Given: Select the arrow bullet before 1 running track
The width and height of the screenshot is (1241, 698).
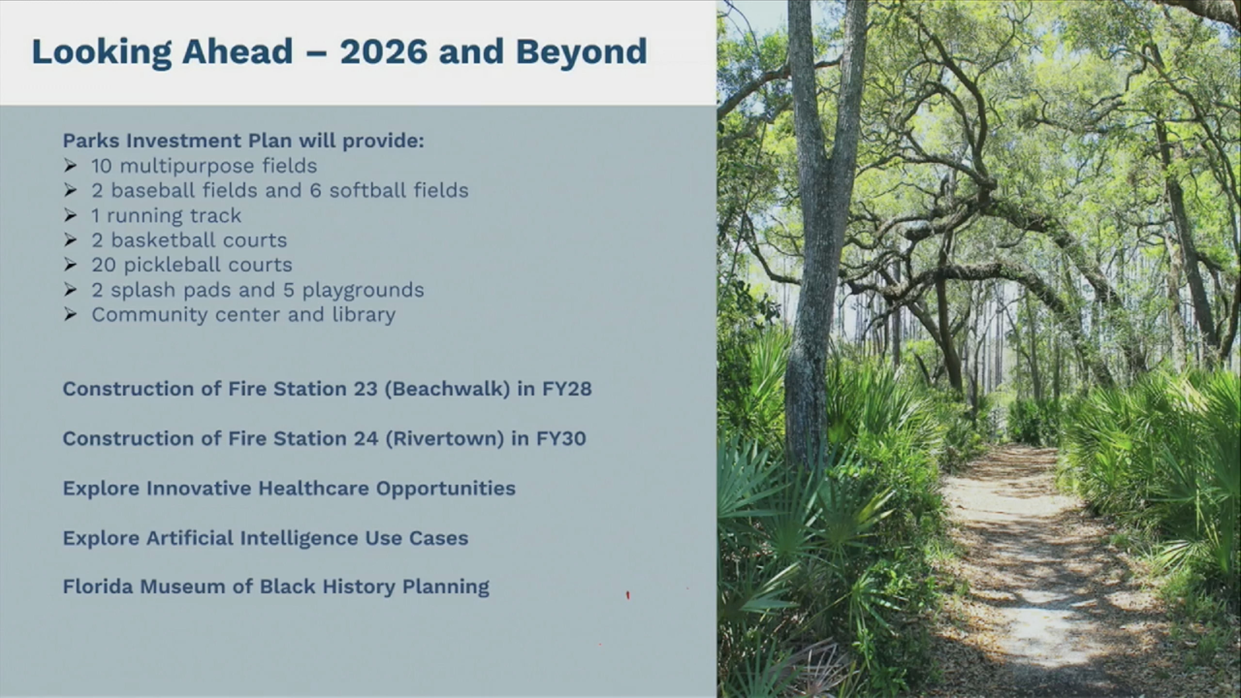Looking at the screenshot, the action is [x=70, y=215].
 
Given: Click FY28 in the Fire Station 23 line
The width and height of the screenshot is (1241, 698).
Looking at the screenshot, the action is [x=567, y=389].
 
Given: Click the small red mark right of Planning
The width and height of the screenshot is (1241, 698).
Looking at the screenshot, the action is [x=628, y=595].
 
